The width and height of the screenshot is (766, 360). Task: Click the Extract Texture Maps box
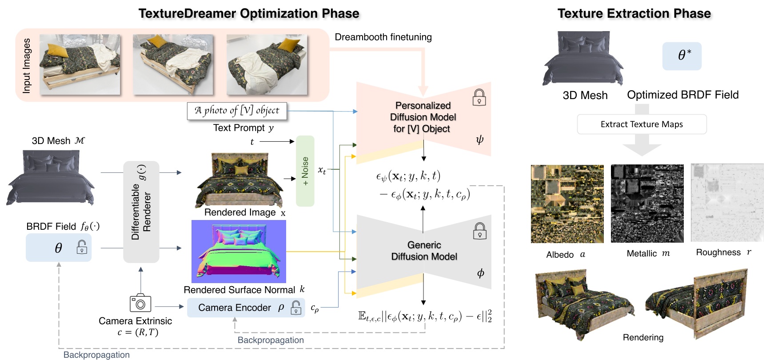pos(641,124)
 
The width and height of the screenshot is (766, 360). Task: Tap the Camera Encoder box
pos(246,308)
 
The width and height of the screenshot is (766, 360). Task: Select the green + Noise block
pos(305,171)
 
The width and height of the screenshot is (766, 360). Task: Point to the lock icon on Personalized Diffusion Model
pos(479,97)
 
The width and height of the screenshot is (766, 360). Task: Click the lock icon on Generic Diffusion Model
pos(479,231)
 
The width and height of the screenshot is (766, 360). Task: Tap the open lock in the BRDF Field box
pos(82,247)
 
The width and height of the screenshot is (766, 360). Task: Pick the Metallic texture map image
pos(647,204)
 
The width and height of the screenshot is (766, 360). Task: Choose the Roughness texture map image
pos(727,203)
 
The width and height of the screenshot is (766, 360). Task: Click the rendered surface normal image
pos(239,252)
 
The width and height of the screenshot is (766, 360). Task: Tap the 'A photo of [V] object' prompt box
pos(237,111)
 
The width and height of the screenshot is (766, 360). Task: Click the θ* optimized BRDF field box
pos(682,56)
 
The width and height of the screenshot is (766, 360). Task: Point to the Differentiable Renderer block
pos(141,212)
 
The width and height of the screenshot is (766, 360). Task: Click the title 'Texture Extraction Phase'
pos(634,13)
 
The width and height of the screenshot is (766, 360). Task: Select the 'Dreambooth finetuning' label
pos(383,37)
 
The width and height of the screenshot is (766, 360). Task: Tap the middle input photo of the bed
pos(173,64)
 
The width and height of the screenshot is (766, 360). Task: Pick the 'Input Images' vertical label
pos(27,65)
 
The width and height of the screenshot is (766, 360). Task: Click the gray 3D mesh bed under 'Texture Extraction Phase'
pos(583,59)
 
